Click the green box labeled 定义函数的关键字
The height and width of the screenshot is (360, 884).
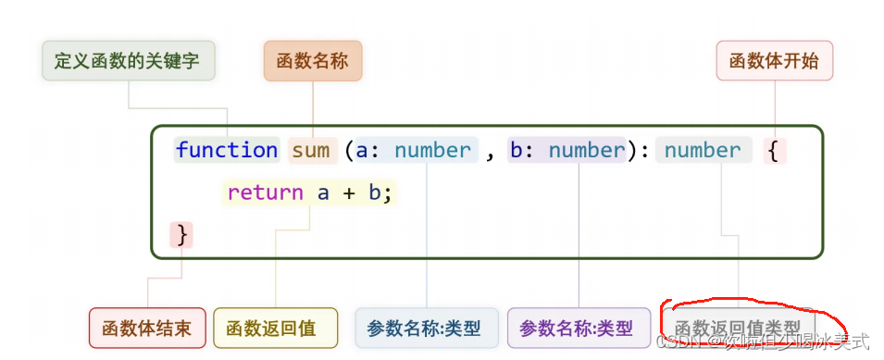[x=129, y=61]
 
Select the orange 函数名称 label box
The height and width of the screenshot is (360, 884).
[x=313, y=61]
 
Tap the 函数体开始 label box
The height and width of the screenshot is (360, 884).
[x=774, y=61]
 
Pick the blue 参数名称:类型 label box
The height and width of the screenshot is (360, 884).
[x=424, y=328]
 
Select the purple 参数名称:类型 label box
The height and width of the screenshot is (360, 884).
[x=578, y=328]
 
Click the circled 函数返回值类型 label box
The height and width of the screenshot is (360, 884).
[x=738, y=328]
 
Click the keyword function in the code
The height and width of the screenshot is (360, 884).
[x=227, y=150]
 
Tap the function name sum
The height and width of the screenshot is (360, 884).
[x=311, y=150]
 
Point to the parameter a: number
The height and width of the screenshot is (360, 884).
[x=414, y=150]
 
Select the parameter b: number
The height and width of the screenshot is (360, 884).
[x=567, y=150]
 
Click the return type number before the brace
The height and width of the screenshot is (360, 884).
[x=703, y=150]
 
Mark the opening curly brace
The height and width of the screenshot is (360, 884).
[x=773, y=150]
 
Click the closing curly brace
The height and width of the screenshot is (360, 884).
[x=182, y=235]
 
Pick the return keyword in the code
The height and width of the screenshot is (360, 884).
[x=265, y=192]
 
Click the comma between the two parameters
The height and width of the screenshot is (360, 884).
[x=491, y=152]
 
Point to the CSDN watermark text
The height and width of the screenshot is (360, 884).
[x=764, y=341]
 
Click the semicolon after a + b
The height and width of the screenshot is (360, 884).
[x=389, y=193]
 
